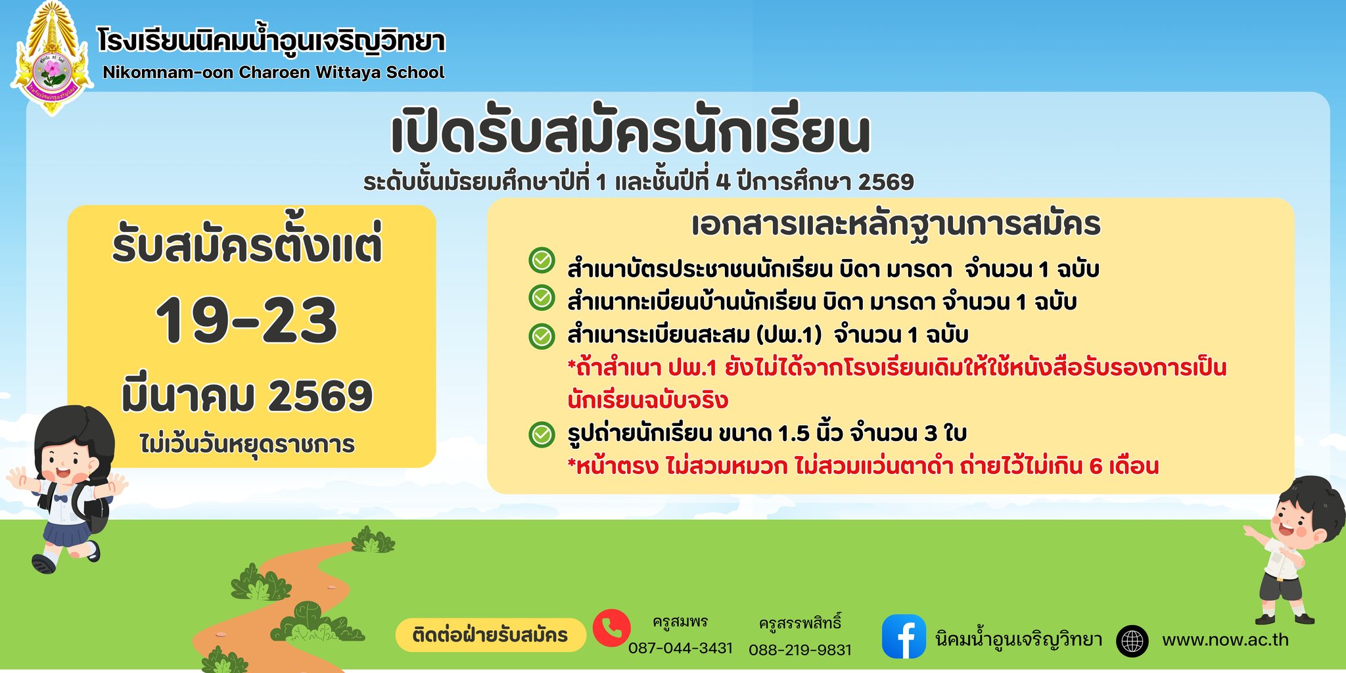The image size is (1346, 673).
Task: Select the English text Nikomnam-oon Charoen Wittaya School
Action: coord(273,72)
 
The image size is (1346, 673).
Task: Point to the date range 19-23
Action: coord(246,320)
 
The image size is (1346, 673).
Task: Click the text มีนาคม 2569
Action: coord(247,396)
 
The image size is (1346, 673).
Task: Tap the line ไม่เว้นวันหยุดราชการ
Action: coord(247,444)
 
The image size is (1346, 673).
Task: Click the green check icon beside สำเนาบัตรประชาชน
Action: coord(542,261)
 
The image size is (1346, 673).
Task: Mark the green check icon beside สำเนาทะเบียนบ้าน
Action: coord(542,298)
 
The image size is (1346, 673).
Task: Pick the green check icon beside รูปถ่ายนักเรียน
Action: coord(542,434)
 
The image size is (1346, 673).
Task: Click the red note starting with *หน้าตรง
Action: coord(863,466)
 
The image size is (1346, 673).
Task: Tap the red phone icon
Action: coord(611,628)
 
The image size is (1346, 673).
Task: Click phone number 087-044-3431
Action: coord(680,648)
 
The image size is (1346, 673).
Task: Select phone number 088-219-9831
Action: coord(800,649)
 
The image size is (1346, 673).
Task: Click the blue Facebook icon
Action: coord(904,636)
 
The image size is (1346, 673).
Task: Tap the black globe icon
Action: coord(1132,641)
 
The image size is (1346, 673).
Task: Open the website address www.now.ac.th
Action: coord(1225,640)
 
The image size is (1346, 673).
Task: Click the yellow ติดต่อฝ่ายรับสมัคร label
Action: coord(490,635)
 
